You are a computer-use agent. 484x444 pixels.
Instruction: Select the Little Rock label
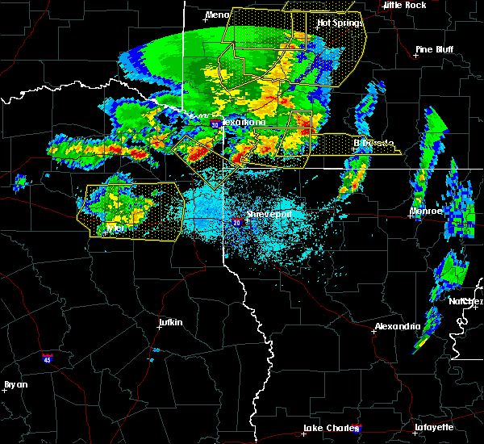coord(404,5)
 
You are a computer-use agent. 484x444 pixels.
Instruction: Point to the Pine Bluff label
coord(433,49)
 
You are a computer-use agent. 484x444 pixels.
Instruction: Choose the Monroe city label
coord(426,211)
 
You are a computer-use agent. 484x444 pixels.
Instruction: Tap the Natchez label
coord(465,301)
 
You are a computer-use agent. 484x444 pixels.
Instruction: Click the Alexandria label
coord(397,326)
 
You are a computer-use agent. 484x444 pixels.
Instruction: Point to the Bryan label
coord(15,384)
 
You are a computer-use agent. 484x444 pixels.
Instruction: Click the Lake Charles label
coord(328,428)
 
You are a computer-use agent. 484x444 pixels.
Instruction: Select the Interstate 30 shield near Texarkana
coord(215,124)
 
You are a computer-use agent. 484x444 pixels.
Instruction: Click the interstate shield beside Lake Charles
coord(357,429)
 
